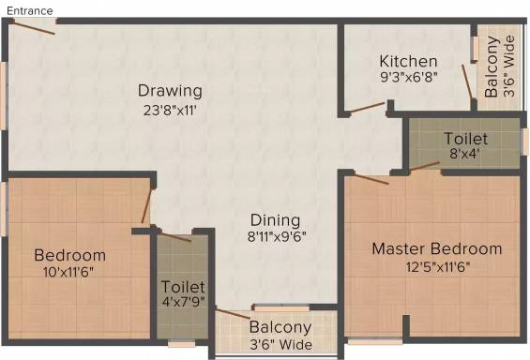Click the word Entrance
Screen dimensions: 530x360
(30, 11)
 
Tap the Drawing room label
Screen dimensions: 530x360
(170, 91)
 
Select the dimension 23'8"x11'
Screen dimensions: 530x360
(170, 111)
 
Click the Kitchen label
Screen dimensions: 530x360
(408, 61)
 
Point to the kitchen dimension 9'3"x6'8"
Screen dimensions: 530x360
(409, 77)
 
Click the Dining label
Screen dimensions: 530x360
(275, 220)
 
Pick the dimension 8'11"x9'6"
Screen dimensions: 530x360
(277, 236)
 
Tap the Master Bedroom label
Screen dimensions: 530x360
(437, 248)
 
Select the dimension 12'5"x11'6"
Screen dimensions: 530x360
(438, 267)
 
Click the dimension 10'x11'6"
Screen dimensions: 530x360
(68, 272)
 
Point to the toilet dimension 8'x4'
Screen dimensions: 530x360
(464, 154)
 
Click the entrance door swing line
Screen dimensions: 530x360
(34, 27)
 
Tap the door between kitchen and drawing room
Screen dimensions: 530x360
(367, 108)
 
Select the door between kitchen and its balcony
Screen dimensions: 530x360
(467, 82)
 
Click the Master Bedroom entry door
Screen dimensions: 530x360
(371, 179)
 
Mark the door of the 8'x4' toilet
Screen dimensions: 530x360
(425, 166)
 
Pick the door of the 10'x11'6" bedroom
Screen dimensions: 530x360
(146, 206)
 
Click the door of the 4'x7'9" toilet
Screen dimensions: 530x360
(175, 236)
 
